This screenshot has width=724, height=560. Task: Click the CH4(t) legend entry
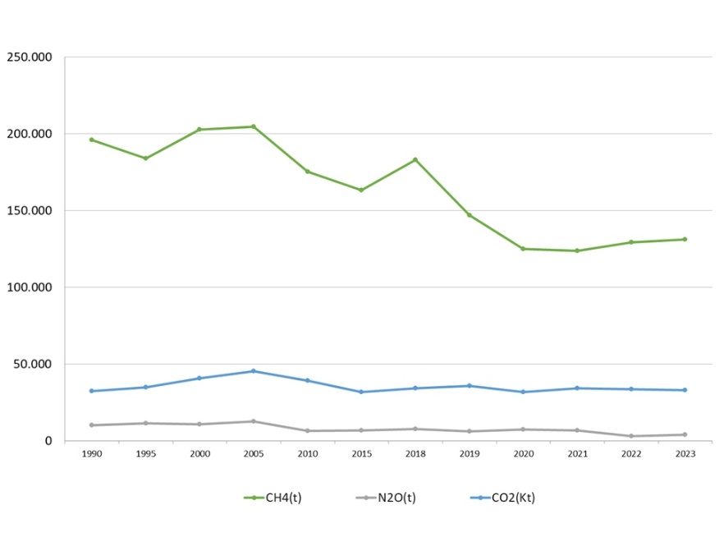click(273, 498)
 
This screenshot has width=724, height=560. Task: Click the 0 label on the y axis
click(49, 441)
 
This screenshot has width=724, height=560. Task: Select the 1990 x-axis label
click(92, 454)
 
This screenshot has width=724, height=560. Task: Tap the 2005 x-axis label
click(254, 454)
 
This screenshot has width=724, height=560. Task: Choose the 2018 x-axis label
click(415, 454)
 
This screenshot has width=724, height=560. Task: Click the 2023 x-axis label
click(685, 454)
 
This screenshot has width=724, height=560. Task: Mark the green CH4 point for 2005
click(254, 126)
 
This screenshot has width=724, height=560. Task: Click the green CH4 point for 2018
click(415, 159)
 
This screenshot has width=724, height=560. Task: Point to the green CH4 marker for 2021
click(577, 250)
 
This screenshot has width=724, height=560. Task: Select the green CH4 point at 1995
click(145, 158)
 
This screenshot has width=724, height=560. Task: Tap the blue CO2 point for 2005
click(254, 371)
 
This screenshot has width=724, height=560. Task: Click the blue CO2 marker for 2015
click(361, 392)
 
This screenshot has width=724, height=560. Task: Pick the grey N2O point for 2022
click(631, 436)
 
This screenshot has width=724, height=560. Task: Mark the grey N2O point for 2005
click(254, 421)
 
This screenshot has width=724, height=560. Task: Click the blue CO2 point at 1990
click(92, 391)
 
